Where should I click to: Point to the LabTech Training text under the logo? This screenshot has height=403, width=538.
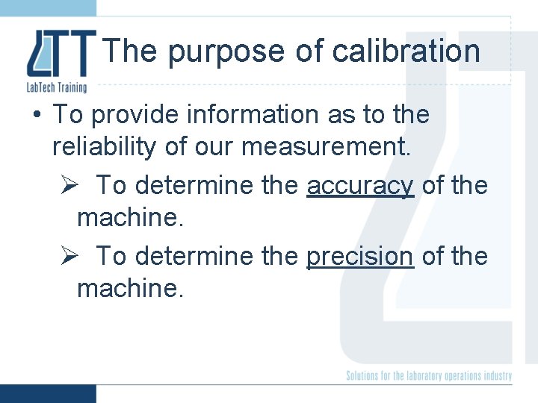pos(57,87)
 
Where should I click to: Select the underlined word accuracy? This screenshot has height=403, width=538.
pos(360,185)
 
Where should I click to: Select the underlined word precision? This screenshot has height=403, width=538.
pos(360,256)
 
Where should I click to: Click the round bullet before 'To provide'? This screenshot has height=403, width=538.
pos(36,115)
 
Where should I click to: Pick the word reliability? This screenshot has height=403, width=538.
pos(105,147)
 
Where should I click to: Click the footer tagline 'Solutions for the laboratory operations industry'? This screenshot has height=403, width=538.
pos(429,375)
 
